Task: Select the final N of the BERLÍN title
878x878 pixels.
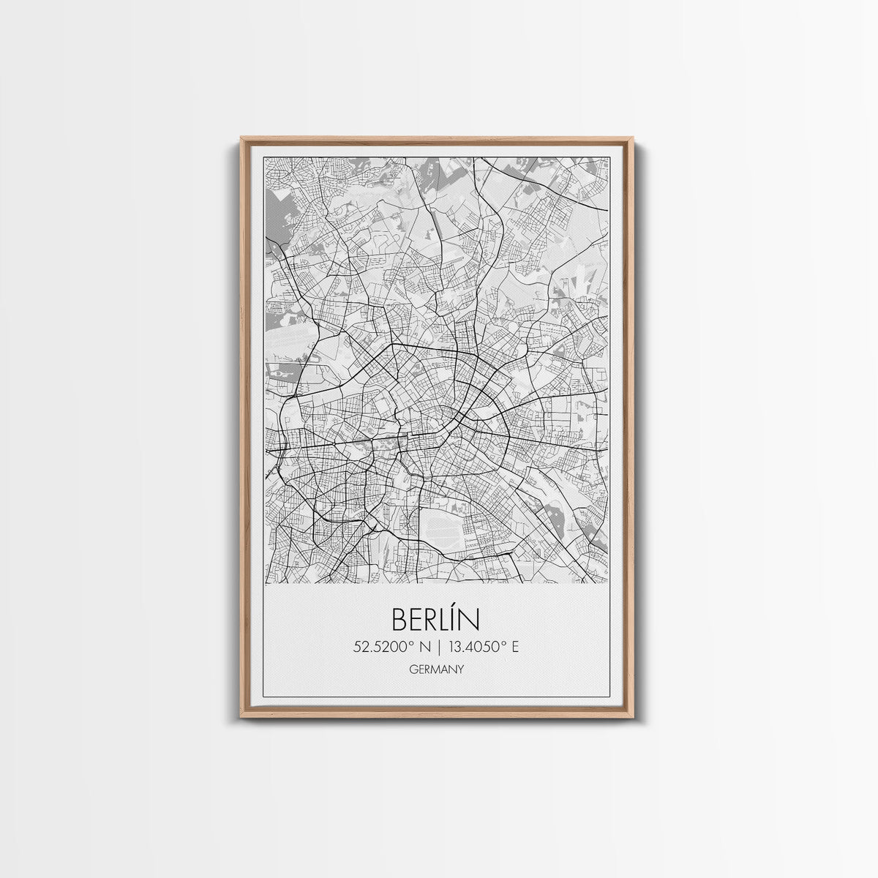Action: click(x=471, y=620)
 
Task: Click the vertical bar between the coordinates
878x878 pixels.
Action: click(x=438, y=647)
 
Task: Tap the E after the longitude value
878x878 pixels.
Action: click(x=515, y=647)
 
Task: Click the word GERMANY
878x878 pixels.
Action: click(x=437, y=668)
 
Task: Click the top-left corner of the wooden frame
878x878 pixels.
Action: click(x=241, y=138)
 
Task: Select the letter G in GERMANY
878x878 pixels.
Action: click(x=413, y=668)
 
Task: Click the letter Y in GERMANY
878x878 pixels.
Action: click(x=460, y=668)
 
